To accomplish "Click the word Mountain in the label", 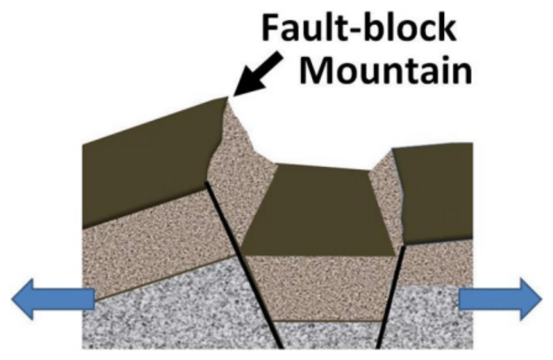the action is (x=385, y=70).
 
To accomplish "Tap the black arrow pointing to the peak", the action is (x=258, y=74).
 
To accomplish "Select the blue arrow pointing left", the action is (x=54, y=299).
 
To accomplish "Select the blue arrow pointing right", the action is (x=500, y=299).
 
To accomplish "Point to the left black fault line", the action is (x=244, y=265).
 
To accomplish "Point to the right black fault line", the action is (x=390, y=297).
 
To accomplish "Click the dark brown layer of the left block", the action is (x=148, y=162).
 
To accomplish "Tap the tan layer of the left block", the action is (x=155, y=243).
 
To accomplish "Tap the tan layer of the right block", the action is (x=437, y=263).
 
